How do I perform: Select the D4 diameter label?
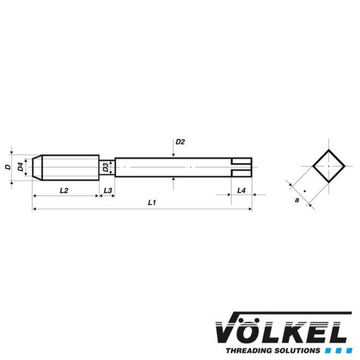pos(20,167)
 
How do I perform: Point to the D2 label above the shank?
pos(180,142)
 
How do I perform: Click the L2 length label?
pos(64,191)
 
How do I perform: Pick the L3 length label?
pos(108,191)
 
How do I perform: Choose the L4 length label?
pos(241,191)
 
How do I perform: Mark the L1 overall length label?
pos(152,203)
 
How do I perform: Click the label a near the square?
pos(297,200)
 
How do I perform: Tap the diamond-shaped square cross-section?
pos(329,166)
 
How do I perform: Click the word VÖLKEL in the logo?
pos(281,331)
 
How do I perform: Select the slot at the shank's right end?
pos(241,167)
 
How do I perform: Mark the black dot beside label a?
pos(304,191)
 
